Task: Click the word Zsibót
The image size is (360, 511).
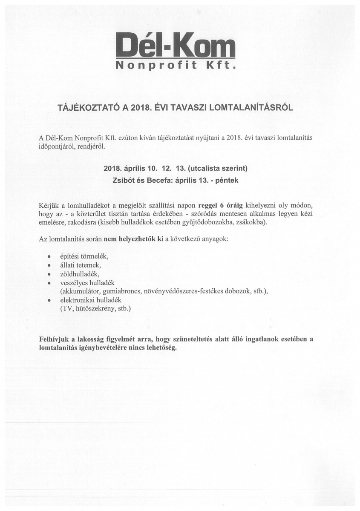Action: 123,180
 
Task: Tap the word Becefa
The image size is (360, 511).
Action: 158,180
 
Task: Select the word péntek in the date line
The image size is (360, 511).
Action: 228,180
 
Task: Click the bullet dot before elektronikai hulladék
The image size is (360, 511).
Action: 50,300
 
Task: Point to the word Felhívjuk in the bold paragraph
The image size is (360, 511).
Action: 54,339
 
